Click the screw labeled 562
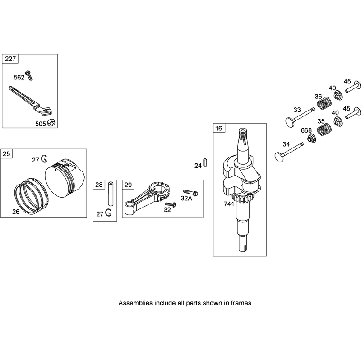(x=29, y=75)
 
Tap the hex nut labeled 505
(x=51, y=123)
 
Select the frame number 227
(x=10, y=59)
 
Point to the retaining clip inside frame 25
(x=44, y=158)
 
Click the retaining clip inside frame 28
(x=108, y=213)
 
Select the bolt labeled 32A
(x=190, y=193)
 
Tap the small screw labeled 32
(x=171, y=204)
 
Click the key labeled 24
(x=205, y=162)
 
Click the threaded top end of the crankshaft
(x=244, y=133)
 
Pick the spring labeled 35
(x=324, y=130)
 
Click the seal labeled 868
(x=311, y=139)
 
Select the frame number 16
(x=219, y=128)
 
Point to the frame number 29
(x=128, y=185)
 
